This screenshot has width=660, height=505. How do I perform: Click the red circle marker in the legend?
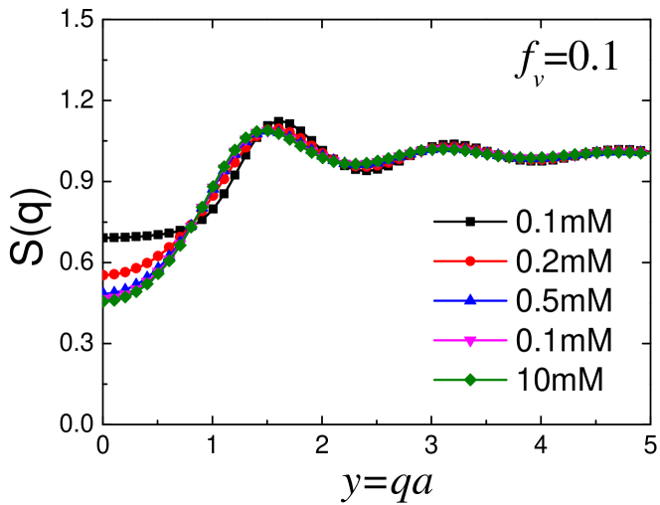[x=470, y=261]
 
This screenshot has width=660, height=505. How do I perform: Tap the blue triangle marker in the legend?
[x=470, y=300]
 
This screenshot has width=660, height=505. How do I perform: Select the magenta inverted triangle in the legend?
[x=470, y=340]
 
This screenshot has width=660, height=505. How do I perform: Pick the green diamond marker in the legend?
[x=470, y=380]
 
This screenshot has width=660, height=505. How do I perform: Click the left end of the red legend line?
[x=434, y=261]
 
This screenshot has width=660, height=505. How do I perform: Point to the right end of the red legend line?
[x=506, y=261]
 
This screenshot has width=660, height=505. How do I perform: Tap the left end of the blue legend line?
[x=434, y=300]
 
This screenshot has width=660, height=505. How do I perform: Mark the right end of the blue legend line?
[x=506, y=300]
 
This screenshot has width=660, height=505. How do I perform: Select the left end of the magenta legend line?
[x=434, y=340]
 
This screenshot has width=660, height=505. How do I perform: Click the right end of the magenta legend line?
[x=506, y=340]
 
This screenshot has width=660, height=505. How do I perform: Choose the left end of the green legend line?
[x=434, y=380]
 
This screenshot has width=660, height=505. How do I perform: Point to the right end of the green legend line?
[x=506, y=380]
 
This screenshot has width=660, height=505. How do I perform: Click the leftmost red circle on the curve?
[x=103, y=274]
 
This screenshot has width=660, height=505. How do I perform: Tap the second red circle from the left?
[x=114, y=273]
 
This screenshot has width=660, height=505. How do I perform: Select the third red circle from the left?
[x=125, y=271]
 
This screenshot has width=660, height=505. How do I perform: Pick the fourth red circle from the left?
[x=136, y=268]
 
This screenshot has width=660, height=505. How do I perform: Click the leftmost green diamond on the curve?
[x=103, y=300]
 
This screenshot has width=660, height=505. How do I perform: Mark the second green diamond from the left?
[x=114, y=299]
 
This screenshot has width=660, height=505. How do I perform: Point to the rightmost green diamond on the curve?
[x=641, y=153]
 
